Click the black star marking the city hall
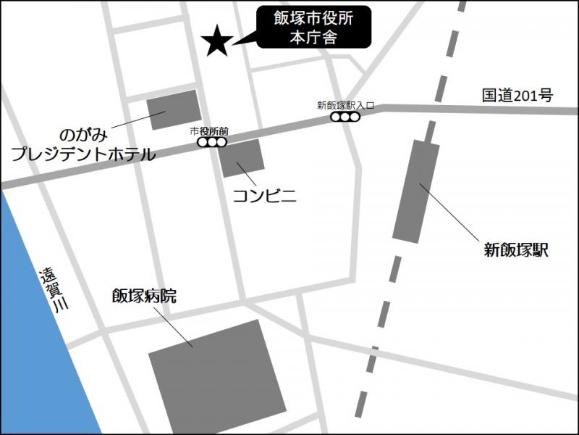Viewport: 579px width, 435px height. (x=216, y=41)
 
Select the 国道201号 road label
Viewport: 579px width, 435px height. (x=517, y=95)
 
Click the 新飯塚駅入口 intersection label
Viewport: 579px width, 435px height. (x=345, y=105)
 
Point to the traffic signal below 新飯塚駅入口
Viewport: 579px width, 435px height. (x=345, y=117)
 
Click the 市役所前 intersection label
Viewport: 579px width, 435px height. (x=209, y=131)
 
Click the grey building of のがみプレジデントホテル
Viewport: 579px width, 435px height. (x=174, y=109)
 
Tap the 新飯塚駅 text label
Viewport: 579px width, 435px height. (x=516, y=252)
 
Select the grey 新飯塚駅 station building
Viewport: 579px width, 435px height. (x=416, y=192)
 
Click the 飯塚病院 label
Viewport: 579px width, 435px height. (x=144, y=296)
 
